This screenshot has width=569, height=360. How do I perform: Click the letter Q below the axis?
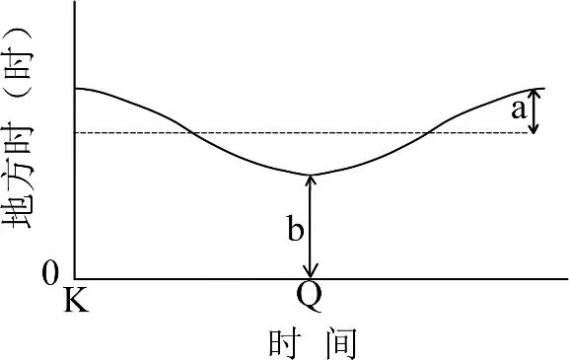(x=309, y=297)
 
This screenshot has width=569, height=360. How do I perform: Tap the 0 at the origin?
(x=51, y=274)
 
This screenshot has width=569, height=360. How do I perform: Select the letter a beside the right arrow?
(x=518, y=109)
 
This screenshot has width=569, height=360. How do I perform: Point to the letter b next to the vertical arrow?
(x=295, y=230)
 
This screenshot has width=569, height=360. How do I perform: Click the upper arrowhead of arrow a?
(x=533, y=93)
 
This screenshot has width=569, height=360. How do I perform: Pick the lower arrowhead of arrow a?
(x=533, y=130)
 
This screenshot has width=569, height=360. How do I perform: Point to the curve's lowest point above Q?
(x=312, y=175)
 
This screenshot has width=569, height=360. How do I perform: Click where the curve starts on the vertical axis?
(x=75, y=88)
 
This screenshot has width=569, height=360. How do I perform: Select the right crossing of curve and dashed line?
(x=427, y=132)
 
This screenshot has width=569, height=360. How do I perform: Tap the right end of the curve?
(x=544, y=89)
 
